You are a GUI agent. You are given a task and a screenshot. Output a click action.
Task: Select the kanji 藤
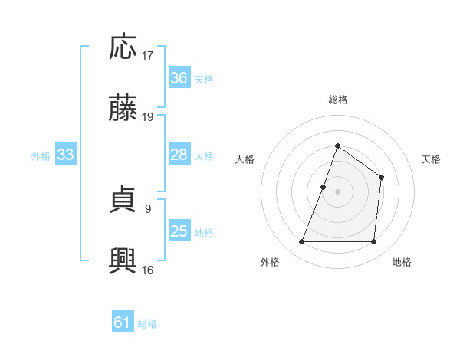click(123, 110)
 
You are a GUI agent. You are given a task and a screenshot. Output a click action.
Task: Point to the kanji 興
click(123, 262)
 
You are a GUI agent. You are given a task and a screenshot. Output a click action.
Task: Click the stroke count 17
click(149, 56)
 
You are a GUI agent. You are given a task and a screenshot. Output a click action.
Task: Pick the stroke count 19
click(149, 117)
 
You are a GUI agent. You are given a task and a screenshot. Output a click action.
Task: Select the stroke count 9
click(147, 208)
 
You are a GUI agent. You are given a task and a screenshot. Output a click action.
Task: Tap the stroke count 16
click(149, 270)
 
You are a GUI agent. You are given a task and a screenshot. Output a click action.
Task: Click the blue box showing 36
click(179, 78)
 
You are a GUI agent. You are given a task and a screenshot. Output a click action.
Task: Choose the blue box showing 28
click(179, 155)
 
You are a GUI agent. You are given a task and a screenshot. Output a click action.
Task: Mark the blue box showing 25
click(179, 231)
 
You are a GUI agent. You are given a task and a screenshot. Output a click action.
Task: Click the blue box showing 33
click(66, 155)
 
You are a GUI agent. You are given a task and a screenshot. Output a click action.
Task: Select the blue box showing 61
click(122, 322)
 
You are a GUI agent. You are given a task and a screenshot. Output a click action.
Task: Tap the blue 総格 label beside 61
click(147, 324)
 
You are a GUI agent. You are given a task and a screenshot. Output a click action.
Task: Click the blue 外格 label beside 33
click(41, 156)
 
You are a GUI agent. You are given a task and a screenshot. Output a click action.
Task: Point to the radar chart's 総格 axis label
click(337, 100)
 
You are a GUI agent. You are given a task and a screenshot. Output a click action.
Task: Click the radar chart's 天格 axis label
click(432, 159)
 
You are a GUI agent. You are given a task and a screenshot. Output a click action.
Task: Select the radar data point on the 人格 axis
click(324, 187)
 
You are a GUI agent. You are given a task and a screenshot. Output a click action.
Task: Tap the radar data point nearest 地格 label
click(373, 242)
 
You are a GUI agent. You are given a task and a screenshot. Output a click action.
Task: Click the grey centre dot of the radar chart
click(337, 191)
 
